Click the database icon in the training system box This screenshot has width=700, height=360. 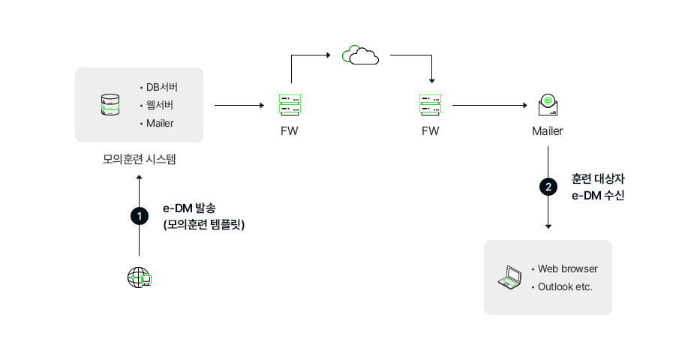(110, 105)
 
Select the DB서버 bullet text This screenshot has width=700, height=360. (162, 87)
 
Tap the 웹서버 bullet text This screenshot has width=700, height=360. (160, 105)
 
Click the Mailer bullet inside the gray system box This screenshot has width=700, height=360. (160, 123)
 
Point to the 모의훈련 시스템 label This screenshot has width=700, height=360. (139, 159)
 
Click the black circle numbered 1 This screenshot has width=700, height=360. (139, 216)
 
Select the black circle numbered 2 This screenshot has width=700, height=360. (548, 187)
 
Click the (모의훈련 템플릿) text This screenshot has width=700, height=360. (203, 224)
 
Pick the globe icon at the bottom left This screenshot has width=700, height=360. (139, 277)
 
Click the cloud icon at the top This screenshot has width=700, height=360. (360, 55)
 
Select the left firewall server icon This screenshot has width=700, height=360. (290, 105)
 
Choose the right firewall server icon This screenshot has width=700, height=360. (431, 105)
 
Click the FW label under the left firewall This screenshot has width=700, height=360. (290, 131)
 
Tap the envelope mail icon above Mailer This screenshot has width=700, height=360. (548, 105)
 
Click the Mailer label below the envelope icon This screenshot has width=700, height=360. (548, 131)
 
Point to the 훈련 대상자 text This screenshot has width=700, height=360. (598, 179)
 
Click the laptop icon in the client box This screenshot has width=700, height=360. (510, 277)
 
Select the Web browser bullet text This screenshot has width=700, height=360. (567, 268)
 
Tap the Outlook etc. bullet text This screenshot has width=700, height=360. (565, 286)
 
